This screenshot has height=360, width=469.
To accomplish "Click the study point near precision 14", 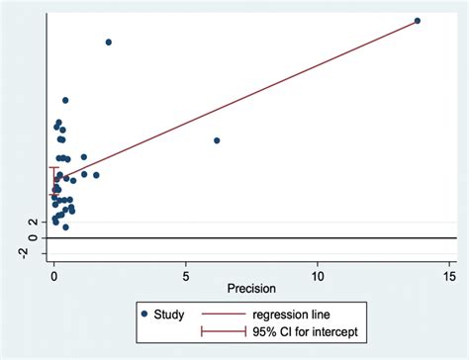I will tap(417, 21).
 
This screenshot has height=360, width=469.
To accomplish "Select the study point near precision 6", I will tap(217, 140).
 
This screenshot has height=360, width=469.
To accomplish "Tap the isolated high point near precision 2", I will tap(109, 42).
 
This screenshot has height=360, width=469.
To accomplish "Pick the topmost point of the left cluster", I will tap(65, 100).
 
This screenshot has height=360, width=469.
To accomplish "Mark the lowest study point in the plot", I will tap(65, 226).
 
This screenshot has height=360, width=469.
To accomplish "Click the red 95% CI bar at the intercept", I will tap(54, 182).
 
